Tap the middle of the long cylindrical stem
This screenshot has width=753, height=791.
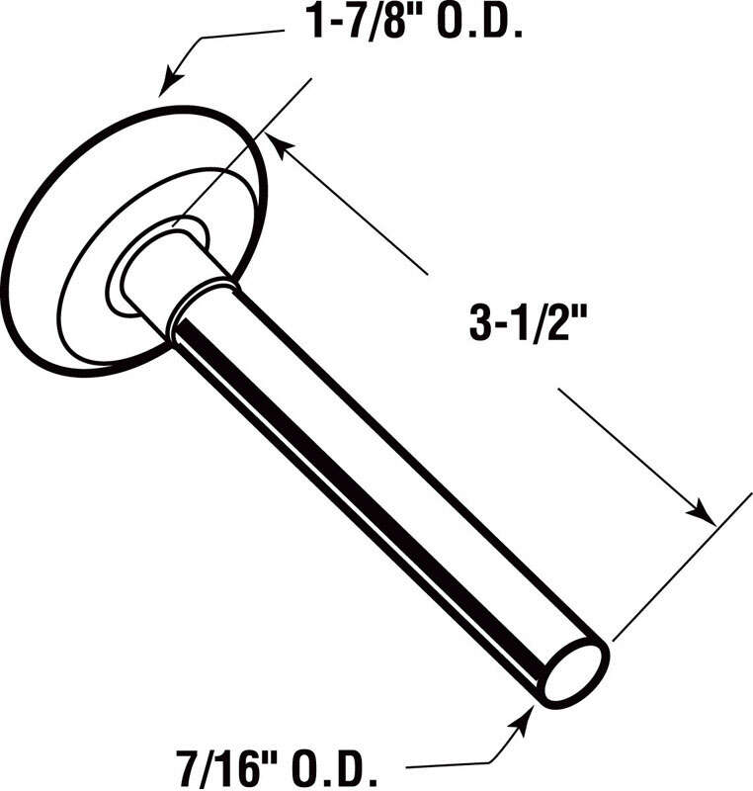[x=385, y=484]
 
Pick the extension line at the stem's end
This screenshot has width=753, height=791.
[x=682, y=564]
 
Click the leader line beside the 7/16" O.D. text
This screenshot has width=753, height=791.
[x=445, y=764]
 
